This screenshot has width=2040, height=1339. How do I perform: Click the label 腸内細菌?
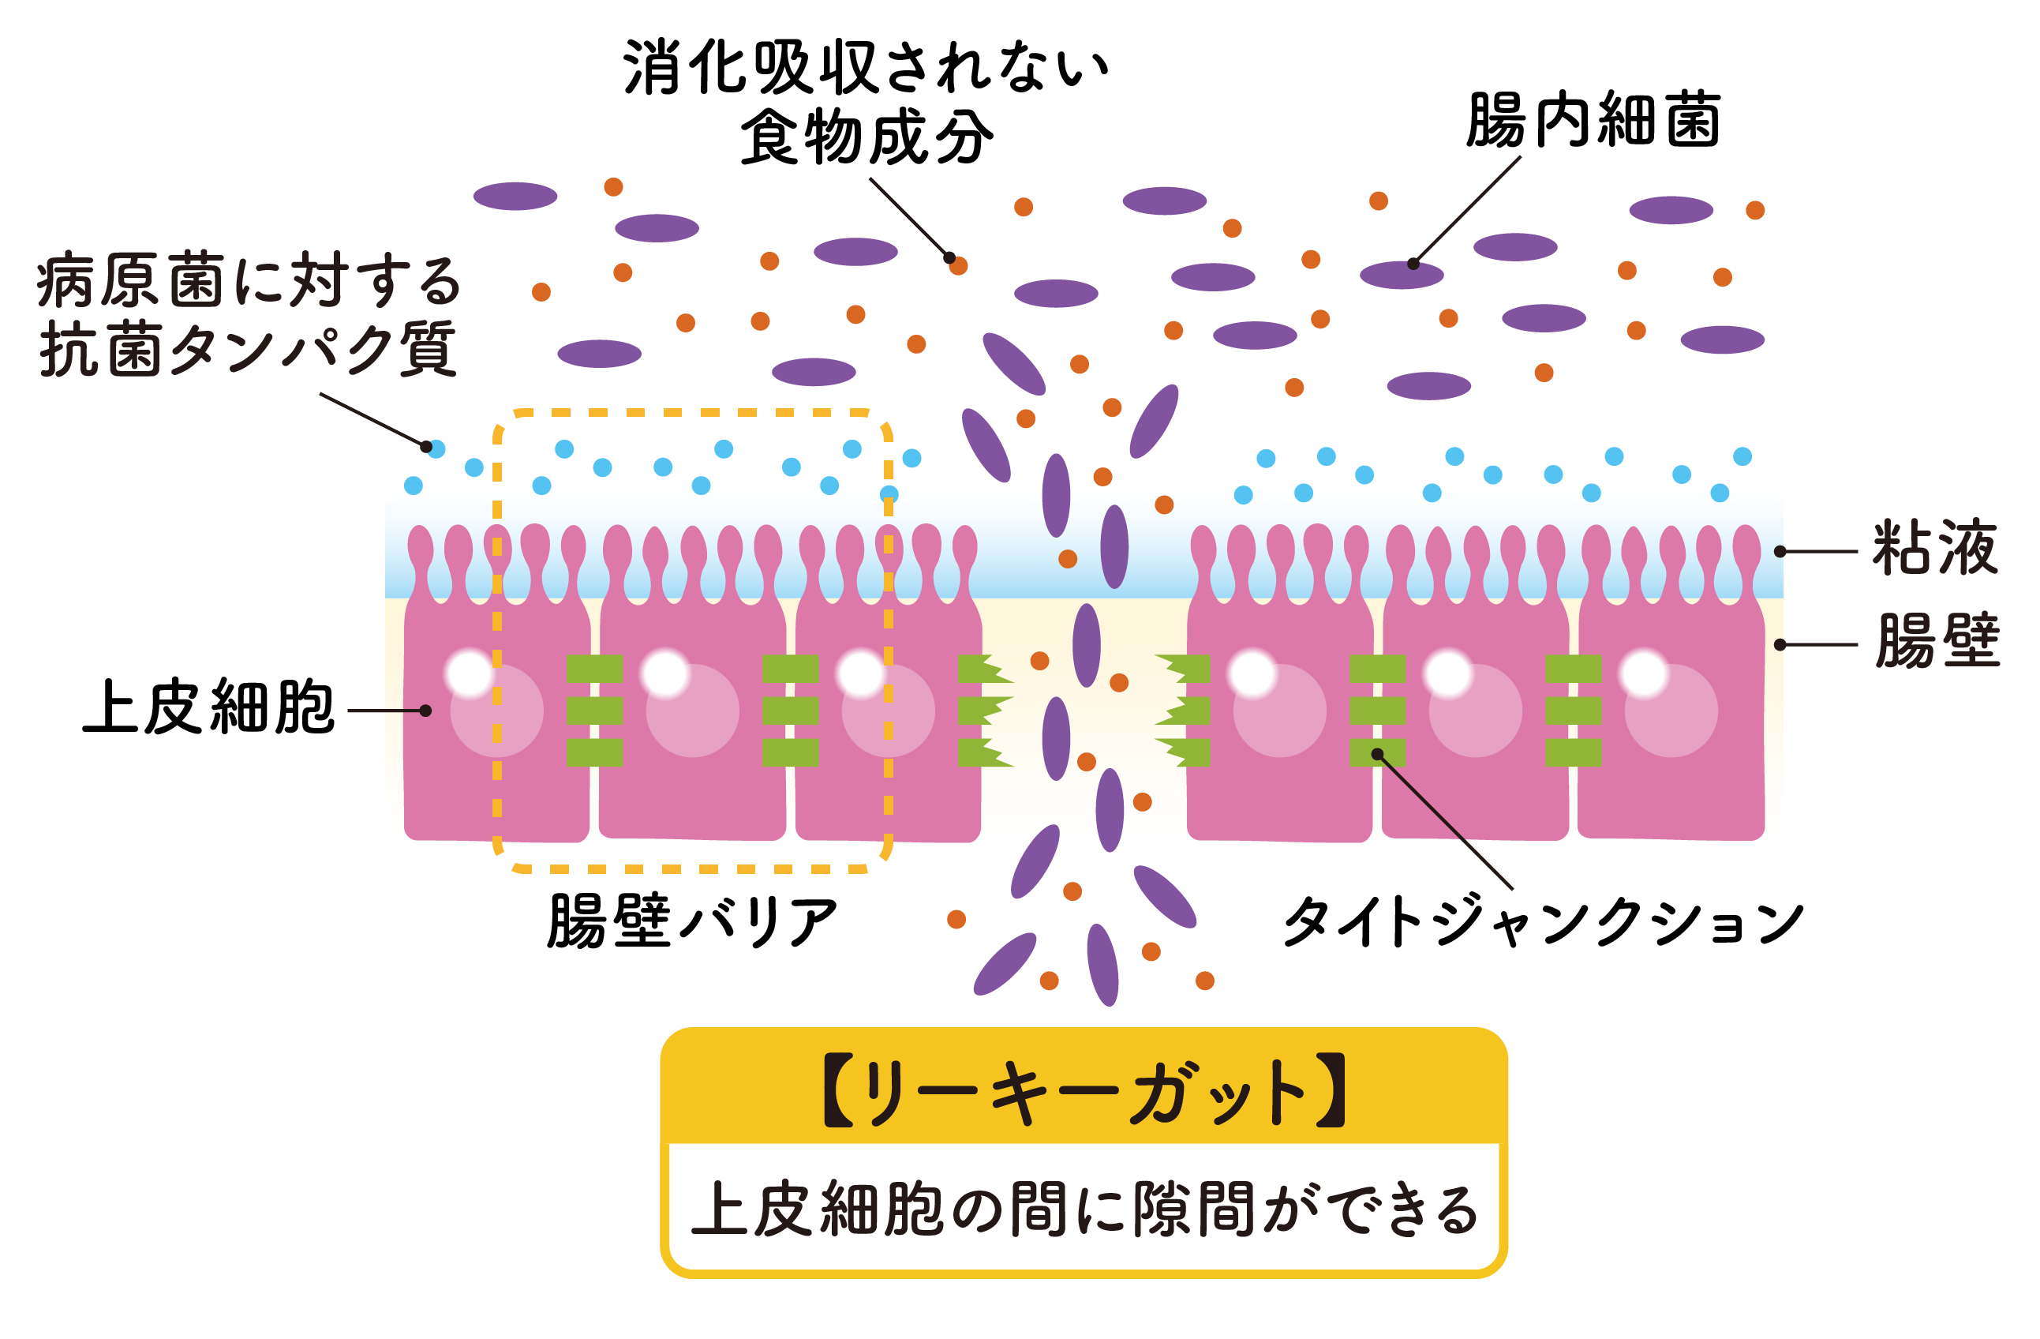[1593, 120]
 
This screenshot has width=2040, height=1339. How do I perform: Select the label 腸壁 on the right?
[1937, 640]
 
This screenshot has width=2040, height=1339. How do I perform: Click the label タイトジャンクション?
[1543, 922]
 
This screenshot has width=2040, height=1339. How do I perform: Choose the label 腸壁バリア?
[693, 921]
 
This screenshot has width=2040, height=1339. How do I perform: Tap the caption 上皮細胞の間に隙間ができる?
[1084, 1210]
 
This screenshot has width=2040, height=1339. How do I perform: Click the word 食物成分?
[867, 137]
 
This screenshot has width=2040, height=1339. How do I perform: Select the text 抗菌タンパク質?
[249, 349]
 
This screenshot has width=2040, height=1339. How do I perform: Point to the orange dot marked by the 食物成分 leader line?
[958, 266]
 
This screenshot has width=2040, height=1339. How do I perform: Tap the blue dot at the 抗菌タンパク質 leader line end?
[436, 448]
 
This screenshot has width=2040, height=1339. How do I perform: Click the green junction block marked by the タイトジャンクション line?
[1377, 752]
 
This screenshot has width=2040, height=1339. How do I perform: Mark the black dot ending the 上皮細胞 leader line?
[425, 711]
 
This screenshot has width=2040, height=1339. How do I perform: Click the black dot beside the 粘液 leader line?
[1780, 551]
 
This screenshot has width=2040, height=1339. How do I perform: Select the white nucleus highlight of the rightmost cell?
[1644, 673]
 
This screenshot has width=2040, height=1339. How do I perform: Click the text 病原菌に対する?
[249, 280]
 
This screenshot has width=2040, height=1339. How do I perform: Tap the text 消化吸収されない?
[866, 67]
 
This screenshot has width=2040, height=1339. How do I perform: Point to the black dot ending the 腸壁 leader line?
[1780, 645]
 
